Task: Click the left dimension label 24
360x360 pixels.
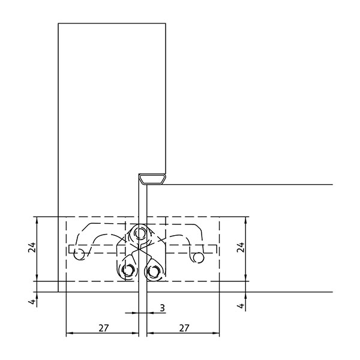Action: [x=32, y=247]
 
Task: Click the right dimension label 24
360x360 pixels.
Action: [x=241, y=247]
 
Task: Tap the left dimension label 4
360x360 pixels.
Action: [x=33, y=302]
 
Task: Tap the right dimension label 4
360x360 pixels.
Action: [x=241, y=305]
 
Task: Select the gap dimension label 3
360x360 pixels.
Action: [x=163, y=308]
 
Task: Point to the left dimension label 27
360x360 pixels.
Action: [x=104, y=328]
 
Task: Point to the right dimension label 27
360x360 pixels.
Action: [x=184, y=328]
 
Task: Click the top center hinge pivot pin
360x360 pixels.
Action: [x=140, y=233]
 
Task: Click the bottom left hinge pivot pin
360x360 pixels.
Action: [x=128, y=270]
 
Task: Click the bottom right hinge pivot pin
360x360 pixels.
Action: [x=154, y=271]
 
